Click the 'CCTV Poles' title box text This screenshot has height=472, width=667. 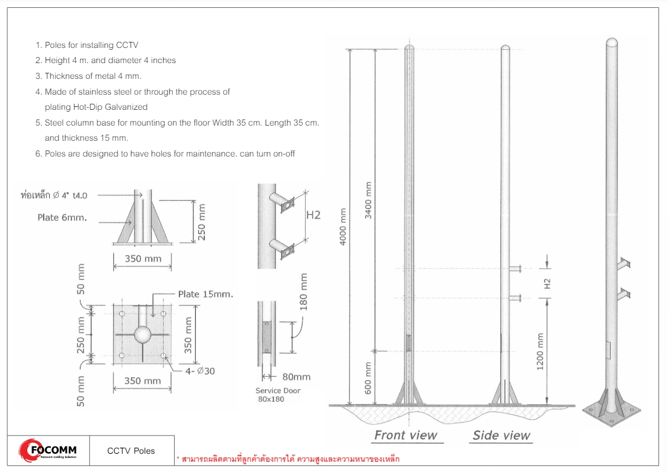(x=131, y=451)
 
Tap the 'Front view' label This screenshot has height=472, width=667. (x=406, y=435)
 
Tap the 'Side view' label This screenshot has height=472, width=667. (x=501, y=435)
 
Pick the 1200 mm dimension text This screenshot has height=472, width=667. (x=540, y=351)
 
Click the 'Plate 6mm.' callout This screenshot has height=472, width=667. (x=62, y=218)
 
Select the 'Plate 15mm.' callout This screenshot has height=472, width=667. (x=206, y=294)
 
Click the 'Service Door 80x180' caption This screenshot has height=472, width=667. (x=278, y=394)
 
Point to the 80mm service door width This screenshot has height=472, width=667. (x=297, y=376)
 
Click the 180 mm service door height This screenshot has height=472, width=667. (x=304, y=291)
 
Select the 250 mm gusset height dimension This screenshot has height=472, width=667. (x=202, y=221)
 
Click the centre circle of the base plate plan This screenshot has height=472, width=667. (x=142, y=334)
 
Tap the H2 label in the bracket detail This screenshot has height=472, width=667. (x=313, y=215)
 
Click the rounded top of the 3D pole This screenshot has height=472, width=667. (x=613, y=44)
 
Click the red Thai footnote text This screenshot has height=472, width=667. (x=287, y=459)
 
